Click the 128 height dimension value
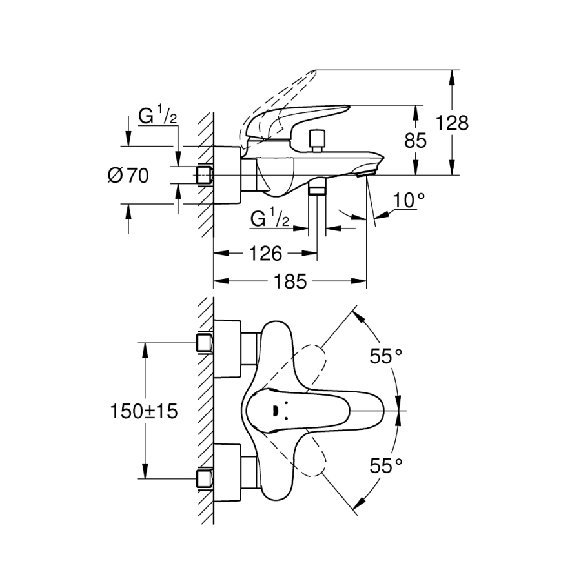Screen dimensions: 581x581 pyautogui.click(x=452, y=123)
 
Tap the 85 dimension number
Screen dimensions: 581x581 pyautogui.click(x=416, y=140)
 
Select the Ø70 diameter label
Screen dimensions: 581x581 pyautogui.click(x=128, y=175)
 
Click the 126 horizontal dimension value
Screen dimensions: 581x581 pyautogui.click(x=265, y=253)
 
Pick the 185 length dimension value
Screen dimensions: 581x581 pyautogui.click(x=290, y=281)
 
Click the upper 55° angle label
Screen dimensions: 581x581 pyautogui.click(x=386, y=354)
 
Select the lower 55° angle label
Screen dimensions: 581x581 pyautogui.click(x=386, y=465)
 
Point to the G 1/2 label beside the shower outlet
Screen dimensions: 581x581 pyautogui.click(x=269, y=219)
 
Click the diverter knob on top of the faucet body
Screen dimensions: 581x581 pyautogui.click(x=316, y=139)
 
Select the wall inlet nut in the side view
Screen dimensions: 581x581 pyautogui.click(x=205, y=175)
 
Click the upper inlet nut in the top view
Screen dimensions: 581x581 pyautogui.click(x=205, y=343)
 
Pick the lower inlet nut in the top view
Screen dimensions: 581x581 pyautogui.click(x=205, y=479)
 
